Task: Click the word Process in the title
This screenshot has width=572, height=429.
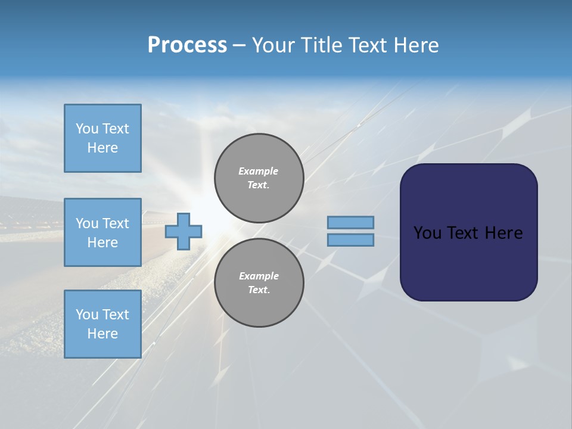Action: (187, 45)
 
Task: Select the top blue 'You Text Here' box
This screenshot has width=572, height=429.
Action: (102, 138)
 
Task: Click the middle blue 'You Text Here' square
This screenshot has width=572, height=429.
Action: (102, 232)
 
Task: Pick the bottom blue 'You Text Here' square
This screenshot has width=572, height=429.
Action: (102, 324)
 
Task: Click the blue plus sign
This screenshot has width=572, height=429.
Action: (184, 231)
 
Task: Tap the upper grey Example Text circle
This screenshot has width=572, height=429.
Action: (259, 178)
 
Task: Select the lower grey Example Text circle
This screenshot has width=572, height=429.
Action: (259, 283)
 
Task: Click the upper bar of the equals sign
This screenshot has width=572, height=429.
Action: (351, 223)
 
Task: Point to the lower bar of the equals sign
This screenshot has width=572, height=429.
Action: (351, 240)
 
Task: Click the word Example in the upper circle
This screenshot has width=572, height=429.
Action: (259, 171)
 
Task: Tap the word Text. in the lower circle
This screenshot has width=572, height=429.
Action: (259, 290)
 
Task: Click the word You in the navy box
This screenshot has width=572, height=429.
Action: (427, 233)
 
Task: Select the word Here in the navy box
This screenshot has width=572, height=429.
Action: (503, 233)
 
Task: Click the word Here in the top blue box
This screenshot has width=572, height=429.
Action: (102, 148)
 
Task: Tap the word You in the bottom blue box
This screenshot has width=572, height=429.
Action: (87, 315)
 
